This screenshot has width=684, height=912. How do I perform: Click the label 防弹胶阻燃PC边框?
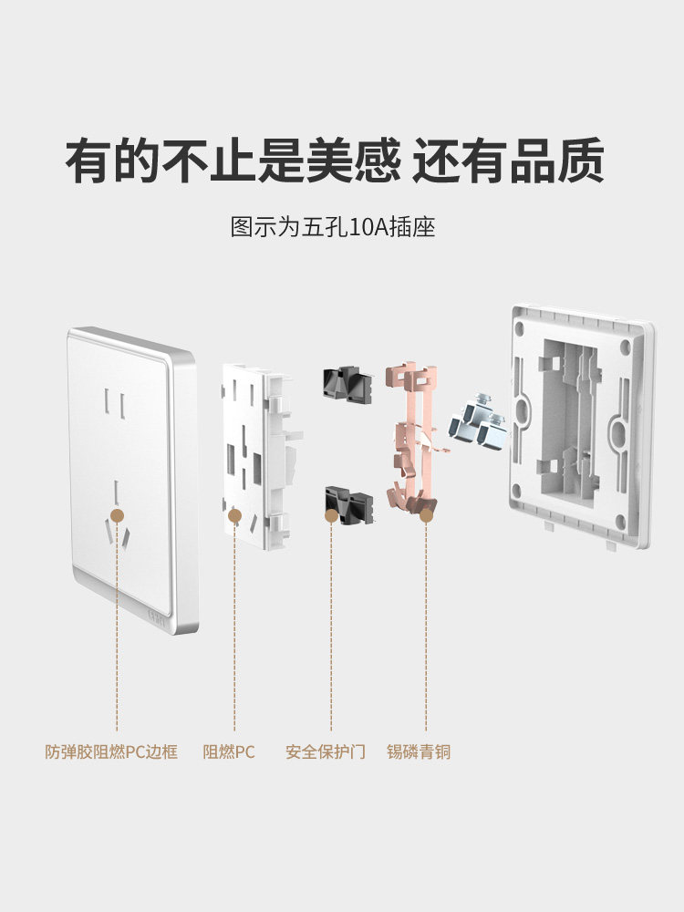click(111, 752)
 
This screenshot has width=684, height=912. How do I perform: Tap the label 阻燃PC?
click(229, 752)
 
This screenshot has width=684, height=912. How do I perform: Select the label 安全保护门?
click(325, 752)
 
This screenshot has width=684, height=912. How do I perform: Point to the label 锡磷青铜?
click(419, 752)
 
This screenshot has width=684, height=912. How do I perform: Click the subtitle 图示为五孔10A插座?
click(333, 226)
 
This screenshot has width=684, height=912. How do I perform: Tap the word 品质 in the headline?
click(557, 161)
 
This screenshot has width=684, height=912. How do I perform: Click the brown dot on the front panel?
click(116, 516)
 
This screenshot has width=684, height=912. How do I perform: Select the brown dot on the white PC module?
click(234, 516)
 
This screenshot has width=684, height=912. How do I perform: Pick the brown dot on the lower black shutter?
click(331, 516)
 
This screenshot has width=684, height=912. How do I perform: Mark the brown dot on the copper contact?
click(426, 516)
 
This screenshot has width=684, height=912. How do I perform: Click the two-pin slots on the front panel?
click(114, 401)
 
